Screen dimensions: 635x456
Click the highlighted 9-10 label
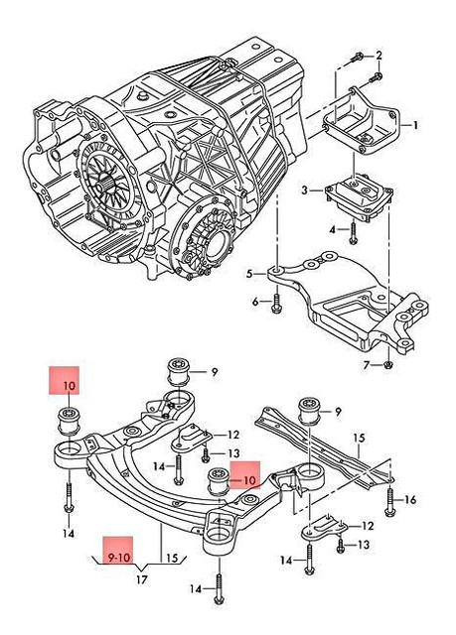pos(118,557)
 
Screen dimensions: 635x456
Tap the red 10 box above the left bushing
pos(69,384)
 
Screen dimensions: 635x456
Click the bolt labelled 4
pos(353,234)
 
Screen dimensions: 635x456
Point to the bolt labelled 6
pos(278,302)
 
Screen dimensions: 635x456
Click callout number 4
pos(334,230)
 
